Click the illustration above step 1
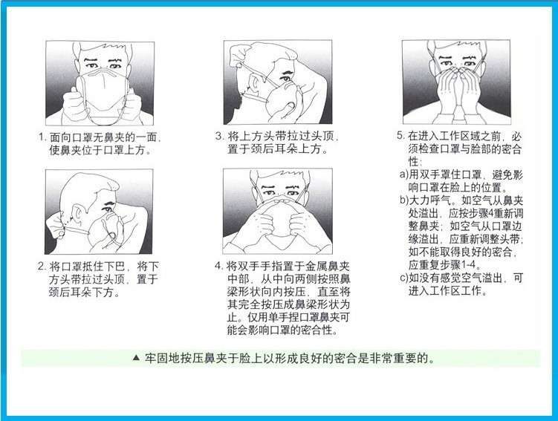pyautogui.click(x=100, y=83)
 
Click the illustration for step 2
pyautogui.click(x=100, y=212)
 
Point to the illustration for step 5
pyautogui.click(x=455, y=83)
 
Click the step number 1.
pyautogui.click(x=42, y=137)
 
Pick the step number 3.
pyautogui.click(x=219, y=137)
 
